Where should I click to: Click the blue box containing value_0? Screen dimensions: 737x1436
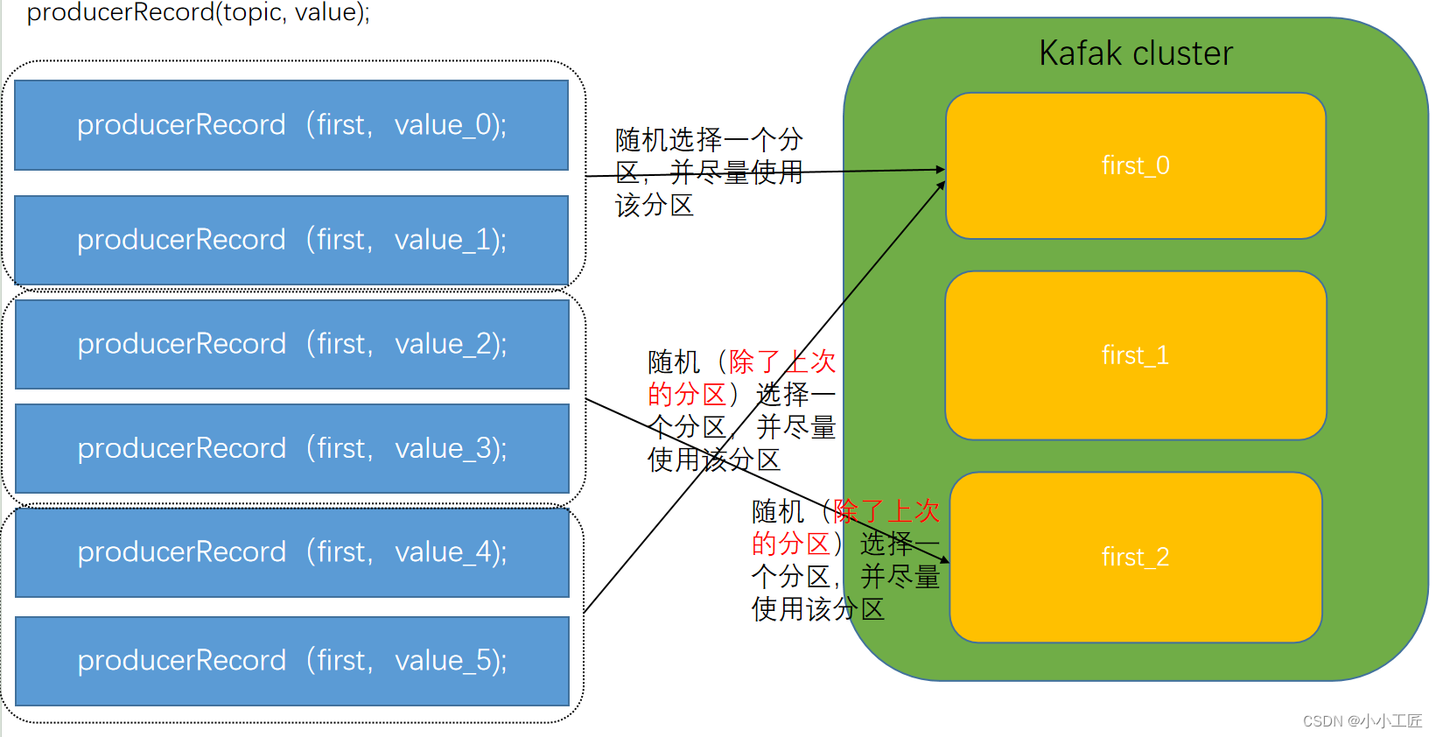click(291, 125)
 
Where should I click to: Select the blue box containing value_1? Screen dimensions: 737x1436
click(291, 240)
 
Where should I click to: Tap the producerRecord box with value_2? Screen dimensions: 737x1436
click(291, 344)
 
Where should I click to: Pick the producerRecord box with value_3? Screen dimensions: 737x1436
click(291, 448)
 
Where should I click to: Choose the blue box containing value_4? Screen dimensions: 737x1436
click(291, 552)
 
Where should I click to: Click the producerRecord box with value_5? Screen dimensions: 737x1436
click(291, 661)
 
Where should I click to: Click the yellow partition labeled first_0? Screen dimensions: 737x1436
click(1135, 165)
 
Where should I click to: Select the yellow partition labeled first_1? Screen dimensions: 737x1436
click(1135, 355)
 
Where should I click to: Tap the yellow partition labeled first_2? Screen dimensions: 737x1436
click(1135, 557)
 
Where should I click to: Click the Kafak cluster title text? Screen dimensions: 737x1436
click(1135, 53)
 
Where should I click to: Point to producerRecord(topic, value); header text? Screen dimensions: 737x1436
click(198, 12)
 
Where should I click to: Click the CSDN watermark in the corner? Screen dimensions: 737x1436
click(1362, 720)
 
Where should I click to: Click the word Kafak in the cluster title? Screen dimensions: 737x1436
click(1080, 53)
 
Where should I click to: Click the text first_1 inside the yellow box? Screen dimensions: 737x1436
click(1135, 355)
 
